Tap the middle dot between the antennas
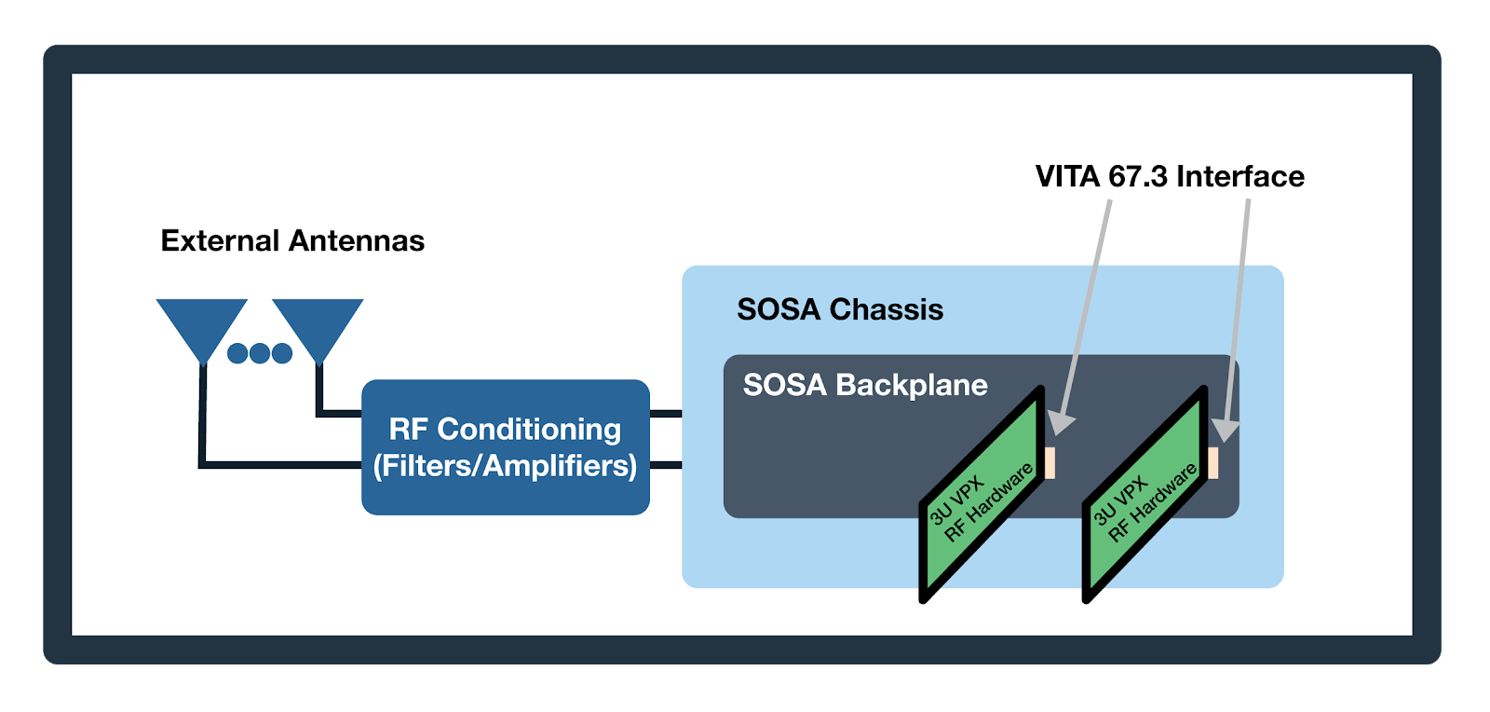(260, 353)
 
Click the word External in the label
(220, 240)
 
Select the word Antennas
(357, 240)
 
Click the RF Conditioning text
(505, 429)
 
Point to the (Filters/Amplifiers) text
(505, 465)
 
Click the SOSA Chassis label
(840, 309)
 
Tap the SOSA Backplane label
(865, 385)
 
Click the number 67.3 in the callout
(1138, 176)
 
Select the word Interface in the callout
(1240, 176)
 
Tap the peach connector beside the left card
(1050, 463)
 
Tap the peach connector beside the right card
(1212, 463)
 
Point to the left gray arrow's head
(1062, 423)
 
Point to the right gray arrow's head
(1225, 430)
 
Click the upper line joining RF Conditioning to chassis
(665, 413)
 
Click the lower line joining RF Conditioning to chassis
(665, 464)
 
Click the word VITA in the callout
(1068, 176)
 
